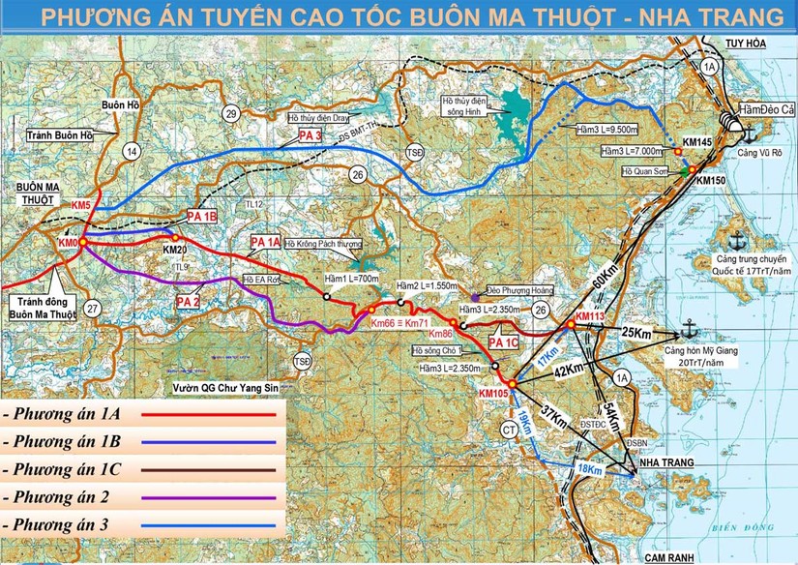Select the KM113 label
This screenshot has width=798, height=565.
pos(589,316)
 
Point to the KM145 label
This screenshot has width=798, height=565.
pos(696,142)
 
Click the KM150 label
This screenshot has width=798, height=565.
pos(710,181)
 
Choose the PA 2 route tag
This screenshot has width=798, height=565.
pos(189,301)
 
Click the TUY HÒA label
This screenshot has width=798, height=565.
pos(747,43)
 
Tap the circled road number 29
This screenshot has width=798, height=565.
pos(230,115)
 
